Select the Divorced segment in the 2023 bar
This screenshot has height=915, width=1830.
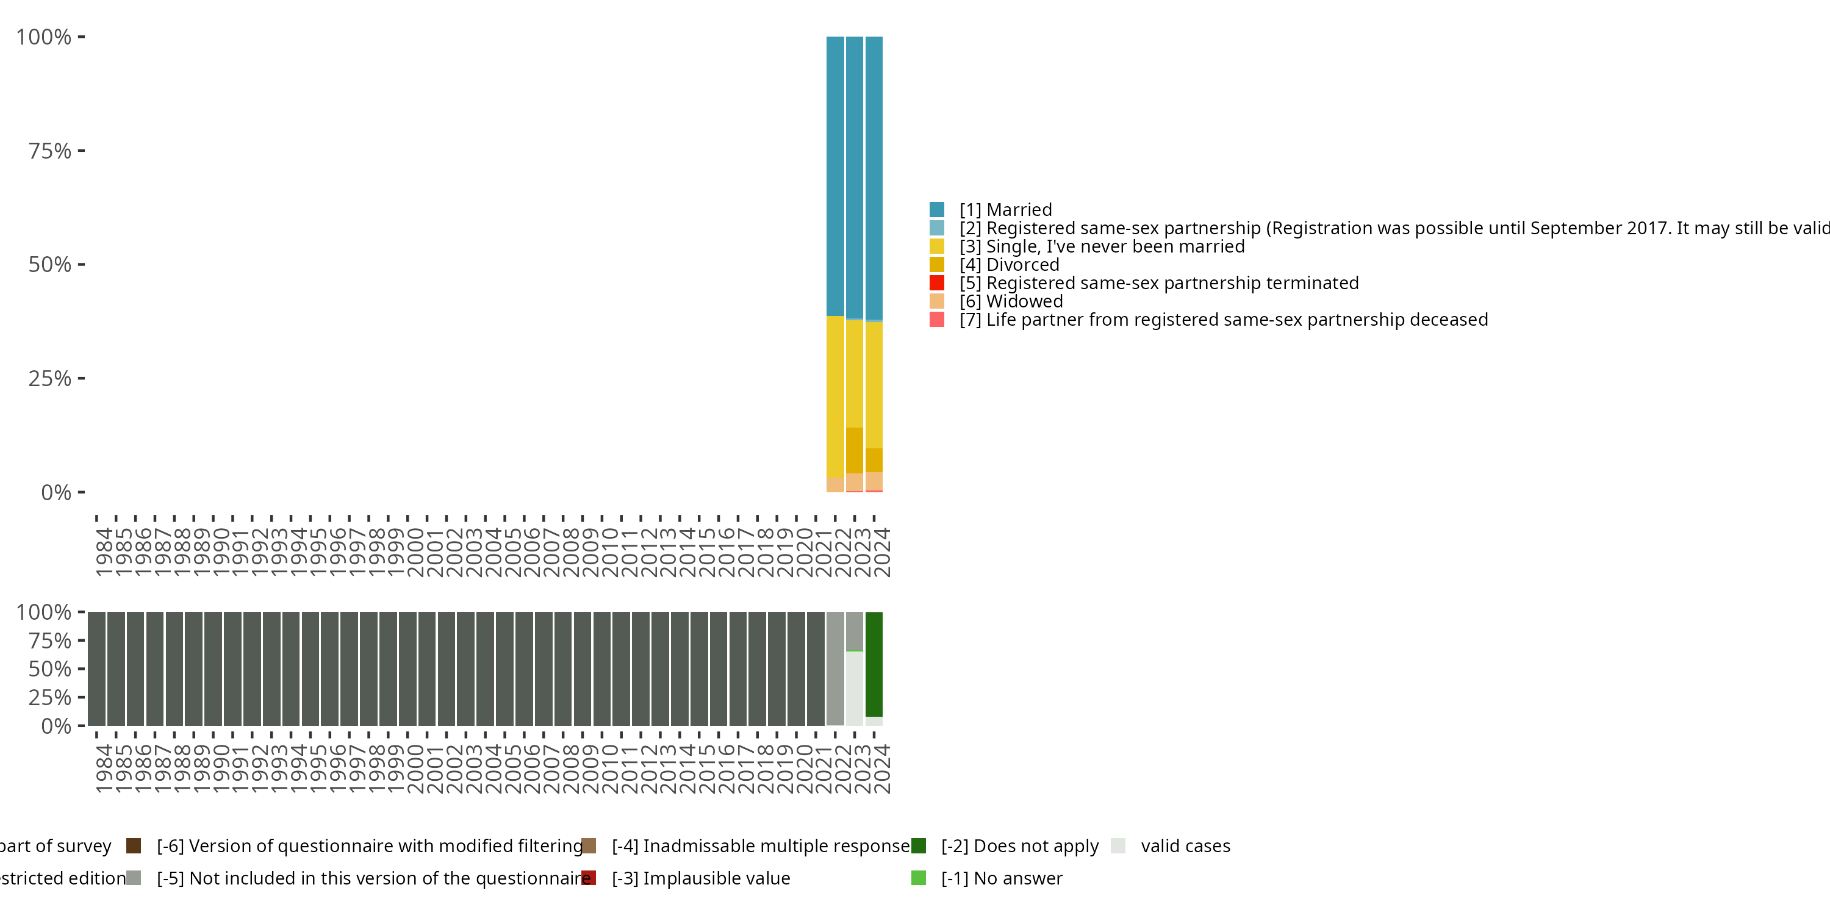855,450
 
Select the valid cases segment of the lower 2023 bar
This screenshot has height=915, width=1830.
855,687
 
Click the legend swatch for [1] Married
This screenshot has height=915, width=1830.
937,210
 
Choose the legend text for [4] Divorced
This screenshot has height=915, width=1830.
1009,265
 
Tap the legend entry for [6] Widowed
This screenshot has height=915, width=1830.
1010,301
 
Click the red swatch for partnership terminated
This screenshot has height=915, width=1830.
937,283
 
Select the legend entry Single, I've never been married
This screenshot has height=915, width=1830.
1101,246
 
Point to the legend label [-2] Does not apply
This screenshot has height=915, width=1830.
1019,846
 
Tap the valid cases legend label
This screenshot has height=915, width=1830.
1185,846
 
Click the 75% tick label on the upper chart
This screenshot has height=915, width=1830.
50,151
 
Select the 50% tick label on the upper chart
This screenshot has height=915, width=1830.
50,264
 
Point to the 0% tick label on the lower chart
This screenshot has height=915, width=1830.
56,726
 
